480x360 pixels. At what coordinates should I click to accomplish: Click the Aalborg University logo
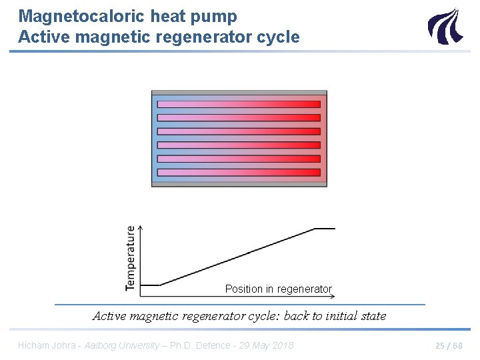444,26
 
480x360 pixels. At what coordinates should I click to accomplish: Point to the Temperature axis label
131,258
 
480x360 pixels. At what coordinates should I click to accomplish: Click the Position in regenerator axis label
278,289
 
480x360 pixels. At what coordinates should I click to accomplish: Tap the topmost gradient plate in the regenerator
239,104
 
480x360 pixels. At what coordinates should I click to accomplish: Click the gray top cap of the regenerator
239,93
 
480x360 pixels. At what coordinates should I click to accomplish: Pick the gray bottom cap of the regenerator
239,184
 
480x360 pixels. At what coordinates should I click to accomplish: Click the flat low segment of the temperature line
151,285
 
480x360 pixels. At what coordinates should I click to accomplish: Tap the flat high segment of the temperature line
325,228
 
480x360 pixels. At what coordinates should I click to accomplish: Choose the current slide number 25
441,345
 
